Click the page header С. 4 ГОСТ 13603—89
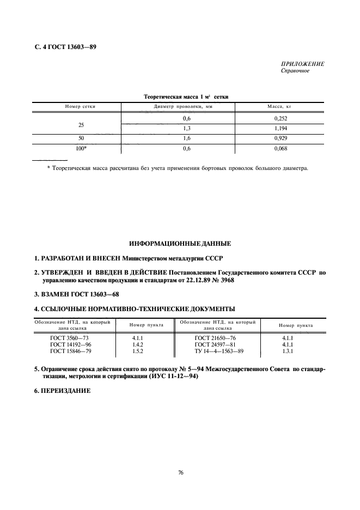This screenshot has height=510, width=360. pos(62,46)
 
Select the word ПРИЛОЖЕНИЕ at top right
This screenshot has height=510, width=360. pos(302,64)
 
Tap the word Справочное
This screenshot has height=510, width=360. pos(295,71)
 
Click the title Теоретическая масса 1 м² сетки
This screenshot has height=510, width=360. pos(185,96)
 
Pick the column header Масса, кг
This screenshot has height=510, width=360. pos(279,106)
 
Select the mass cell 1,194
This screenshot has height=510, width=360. pos(279,129)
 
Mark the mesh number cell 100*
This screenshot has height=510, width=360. pos(81,148)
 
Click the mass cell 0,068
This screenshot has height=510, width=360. pos(279,148)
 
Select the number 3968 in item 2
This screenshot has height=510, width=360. pos(227,282)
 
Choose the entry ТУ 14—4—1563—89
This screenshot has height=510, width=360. pos(218,351)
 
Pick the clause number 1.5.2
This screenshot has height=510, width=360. pos(137,351)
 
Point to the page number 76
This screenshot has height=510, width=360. pos(180,472)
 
